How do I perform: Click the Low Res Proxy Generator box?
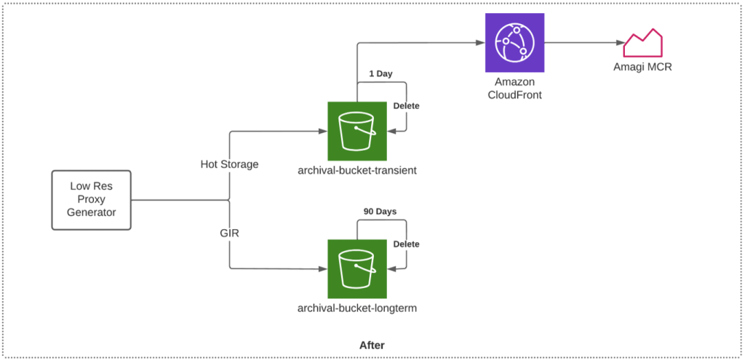(x=91, y=200)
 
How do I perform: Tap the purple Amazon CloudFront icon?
(x=515, y=43)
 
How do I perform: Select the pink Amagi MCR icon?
(x=642, y=43)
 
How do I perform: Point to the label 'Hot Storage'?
(x=229, y=164)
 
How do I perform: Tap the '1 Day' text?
(x=381, y=74)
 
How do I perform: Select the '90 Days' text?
(x=380, y=212)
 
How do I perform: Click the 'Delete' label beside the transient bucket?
(x=406, y=105)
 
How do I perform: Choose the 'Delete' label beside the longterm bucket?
(x=406, y=244)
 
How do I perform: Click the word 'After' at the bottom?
(x=372, y=345)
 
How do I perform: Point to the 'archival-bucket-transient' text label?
(x=356, y=170)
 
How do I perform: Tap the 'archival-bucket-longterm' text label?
(x=356, y=308)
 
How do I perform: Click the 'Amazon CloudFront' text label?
(x=514, y=89)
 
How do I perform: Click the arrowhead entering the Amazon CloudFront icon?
(x=481, y=43)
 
